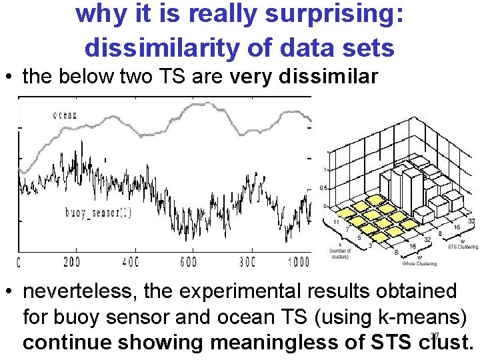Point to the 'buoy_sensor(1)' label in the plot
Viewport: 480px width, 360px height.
pyautogui.click(x=107, y=213)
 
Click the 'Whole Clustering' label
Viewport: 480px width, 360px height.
pyautogui.click(x=420, y=264)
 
